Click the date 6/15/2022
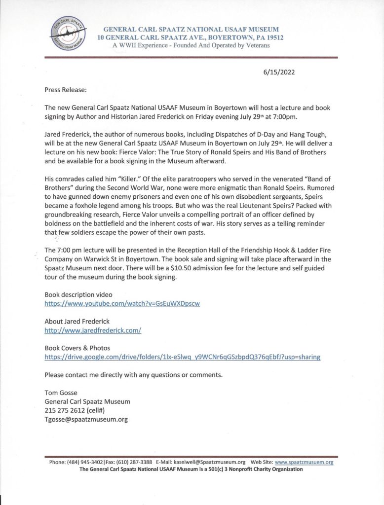[279, 72]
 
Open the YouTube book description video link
[122, 304]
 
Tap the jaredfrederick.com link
[93, 330]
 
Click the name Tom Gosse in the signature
[62, 393]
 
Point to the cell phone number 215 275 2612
[67, 410]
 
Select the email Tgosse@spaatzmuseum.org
[86, 420]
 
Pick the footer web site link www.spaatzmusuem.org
[304, 462]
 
